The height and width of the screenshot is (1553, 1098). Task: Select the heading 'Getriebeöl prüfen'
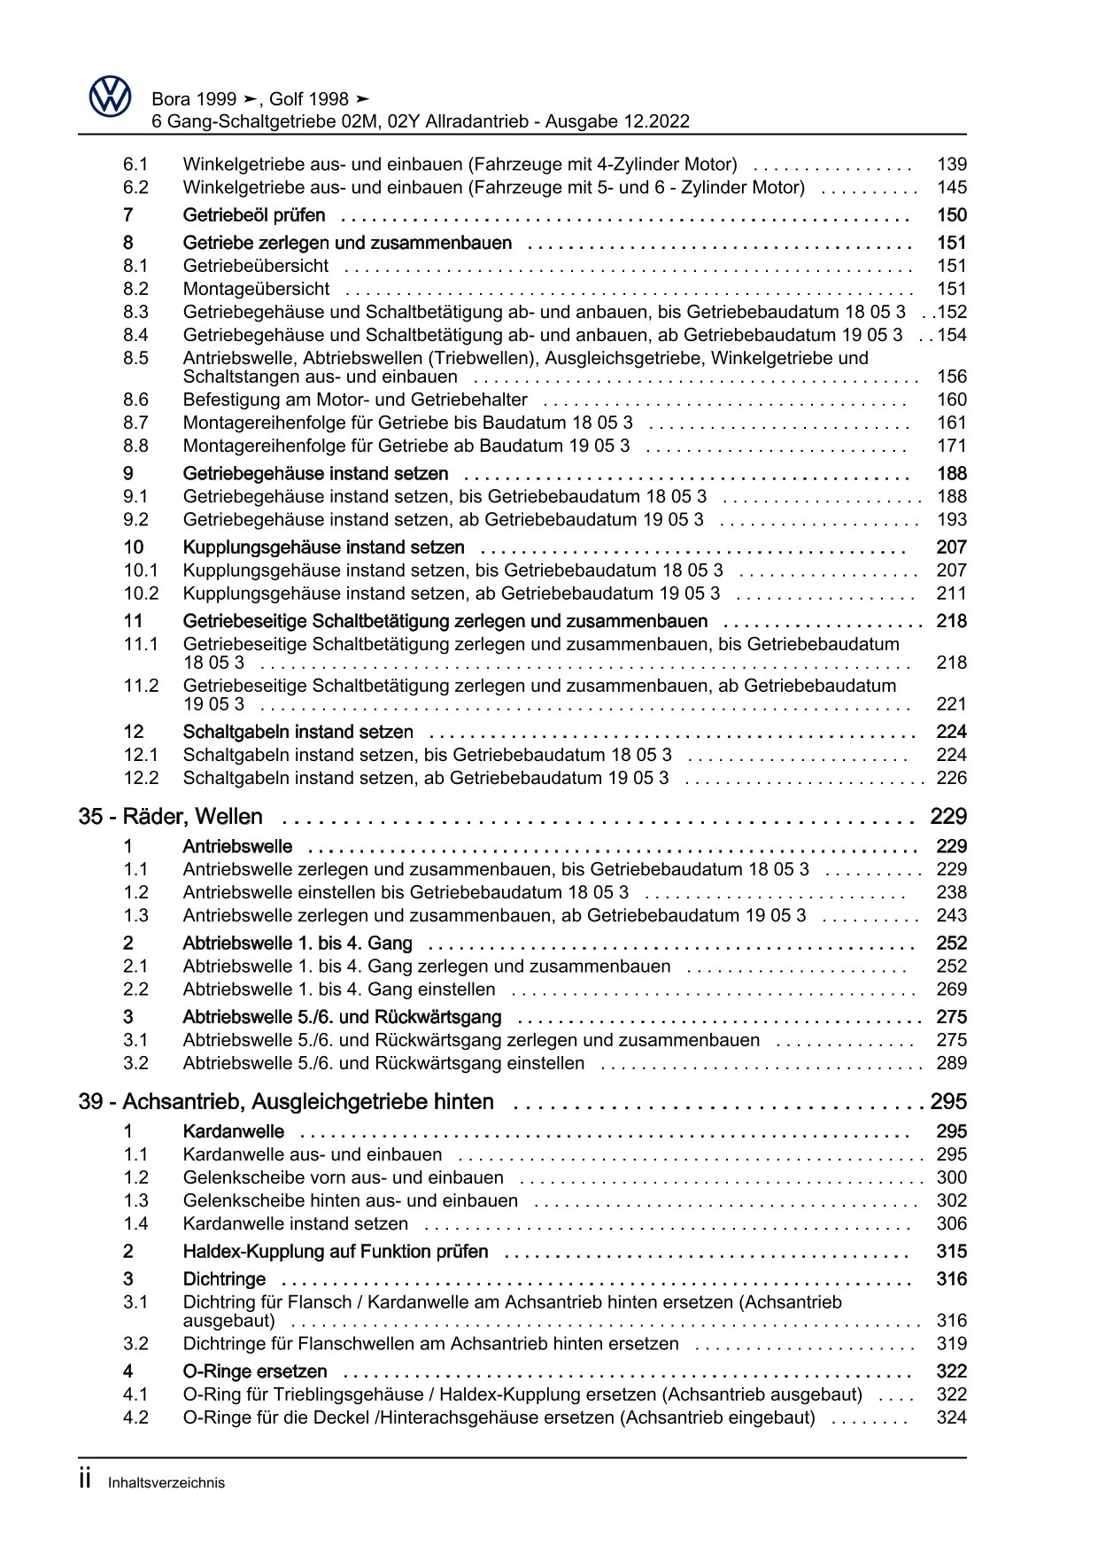[254, 215]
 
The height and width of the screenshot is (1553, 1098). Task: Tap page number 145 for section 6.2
[951, 187]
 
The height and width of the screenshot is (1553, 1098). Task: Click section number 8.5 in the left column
[135, 358]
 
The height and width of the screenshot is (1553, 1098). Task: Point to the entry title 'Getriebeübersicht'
[255, 266]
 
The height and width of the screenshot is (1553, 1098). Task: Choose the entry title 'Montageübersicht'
[256, 289]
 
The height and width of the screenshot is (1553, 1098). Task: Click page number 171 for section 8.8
[951, 446]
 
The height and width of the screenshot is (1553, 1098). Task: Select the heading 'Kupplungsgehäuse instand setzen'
[323, 547]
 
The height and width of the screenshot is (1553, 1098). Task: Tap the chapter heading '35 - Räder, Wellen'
[171, 817]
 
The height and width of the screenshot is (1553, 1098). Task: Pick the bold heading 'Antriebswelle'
[237, 847]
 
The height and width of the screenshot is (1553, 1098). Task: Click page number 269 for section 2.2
[951, 990]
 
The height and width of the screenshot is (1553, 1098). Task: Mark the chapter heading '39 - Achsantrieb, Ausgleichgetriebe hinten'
[286, 1102]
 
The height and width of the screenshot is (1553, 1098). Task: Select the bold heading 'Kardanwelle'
[234, 1131]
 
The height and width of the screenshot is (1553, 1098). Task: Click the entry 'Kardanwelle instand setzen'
[296, 1223]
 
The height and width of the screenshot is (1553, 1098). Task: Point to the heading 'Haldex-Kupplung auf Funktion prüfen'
[336, 1252]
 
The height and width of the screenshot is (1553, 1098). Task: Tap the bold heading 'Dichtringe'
[224, 1279]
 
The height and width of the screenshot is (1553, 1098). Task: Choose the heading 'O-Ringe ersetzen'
[255, 1371]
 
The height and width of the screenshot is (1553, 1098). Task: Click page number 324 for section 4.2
[951, 1417]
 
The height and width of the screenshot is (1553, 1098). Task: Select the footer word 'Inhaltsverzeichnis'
[166, 1483]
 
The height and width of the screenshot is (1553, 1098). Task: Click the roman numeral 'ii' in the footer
[86, 1480]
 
